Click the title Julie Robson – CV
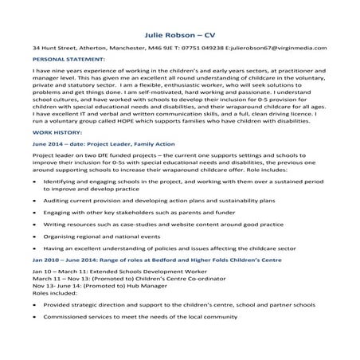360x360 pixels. point(179,37)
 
